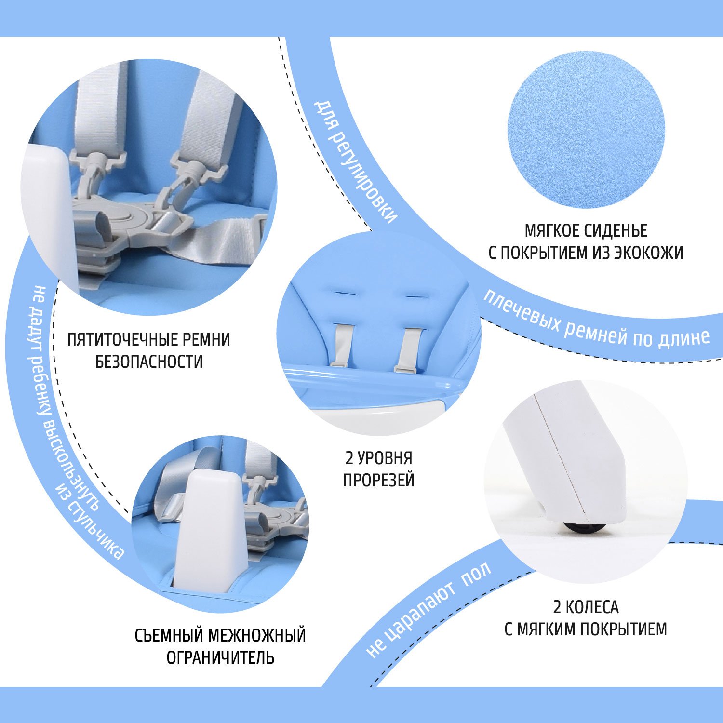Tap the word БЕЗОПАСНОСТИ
point(149,361)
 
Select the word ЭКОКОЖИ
point(648,253)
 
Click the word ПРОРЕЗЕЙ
point(379,480)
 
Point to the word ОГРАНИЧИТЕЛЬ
point(220,657)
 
